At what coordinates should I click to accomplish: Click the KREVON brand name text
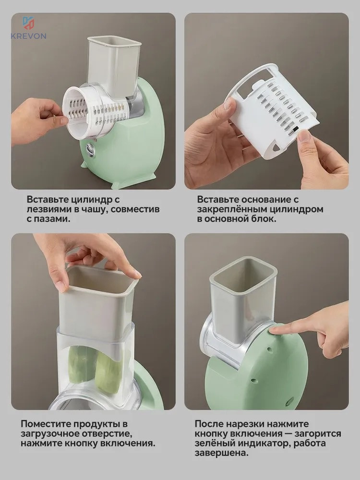28,36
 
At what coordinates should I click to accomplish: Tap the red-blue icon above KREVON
28,23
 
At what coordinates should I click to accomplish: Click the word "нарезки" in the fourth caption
246,424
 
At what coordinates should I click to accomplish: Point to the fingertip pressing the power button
274,331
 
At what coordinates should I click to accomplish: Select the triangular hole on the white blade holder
276,147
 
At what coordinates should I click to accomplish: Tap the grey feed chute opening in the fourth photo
243,274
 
